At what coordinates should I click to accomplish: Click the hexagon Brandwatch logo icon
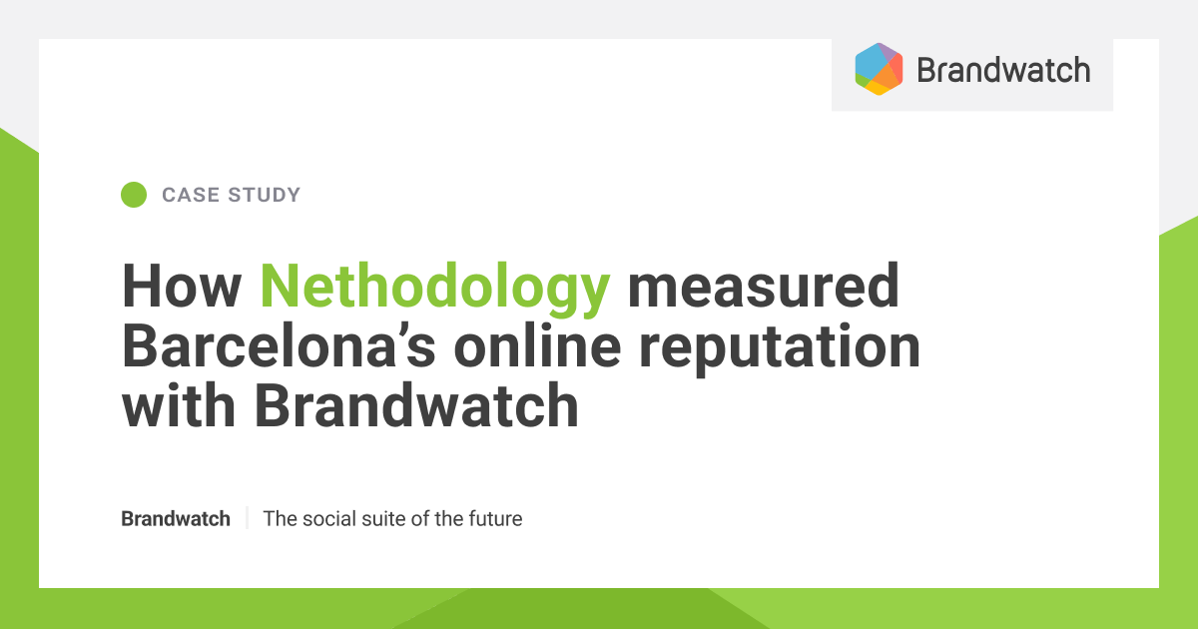pyautogui.click(x=879, y=69)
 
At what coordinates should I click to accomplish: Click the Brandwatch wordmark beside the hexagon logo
pyautogui.click(x=1002, y=70)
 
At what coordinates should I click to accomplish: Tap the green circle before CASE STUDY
pyautogui.click(x=134, y=195)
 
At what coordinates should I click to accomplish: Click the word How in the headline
pyautogui.click(x=182, y=288)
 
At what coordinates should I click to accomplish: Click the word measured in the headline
pyautogui.click(x=763, y=288)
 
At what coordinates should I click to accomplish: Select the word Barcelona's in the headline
pyautogui.click(x=279, y=346)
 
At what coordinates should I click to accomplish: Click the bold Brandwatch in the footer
pyautogui.click(x=176, y=519)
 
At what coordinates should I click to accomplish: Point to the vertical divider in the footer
pyautogui.click(x=247, y=519)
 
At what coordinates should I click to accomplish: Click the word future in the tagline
pyautogui.click(x=495, y=519)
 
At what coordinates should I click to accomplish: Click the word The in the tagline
pyautogui.click(x=280, y=519)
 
